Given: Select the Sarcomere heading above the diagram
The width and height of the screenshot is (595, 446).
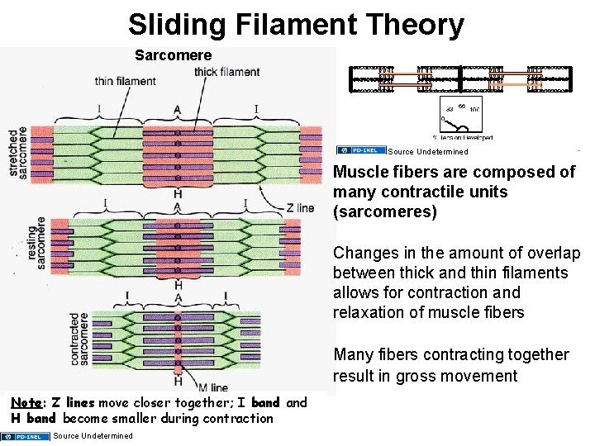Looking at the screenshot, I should [x=173, y=55].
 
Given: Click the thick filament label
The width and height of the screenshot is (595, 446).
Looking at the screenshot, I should [x=226, y=72].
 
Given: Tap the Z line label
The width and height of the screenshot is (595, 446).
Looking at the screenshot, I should [x=300, y=208].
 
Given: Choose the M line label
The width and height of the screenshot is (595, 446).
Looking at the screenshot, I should [x=213, y=388].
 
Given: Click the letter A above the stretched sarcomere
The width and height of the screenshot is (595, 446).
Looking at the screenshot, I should [x=177, y=110].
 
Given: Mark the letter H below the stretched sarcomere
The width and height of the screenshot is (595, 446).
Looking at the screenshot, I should [x=177, y=194].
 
